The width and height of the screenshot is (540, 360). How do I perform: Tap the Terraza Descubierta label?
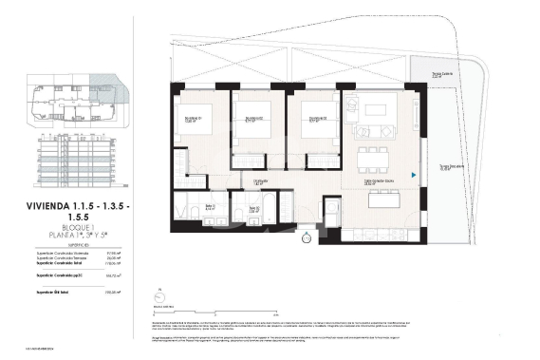[x=451, y=169]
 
